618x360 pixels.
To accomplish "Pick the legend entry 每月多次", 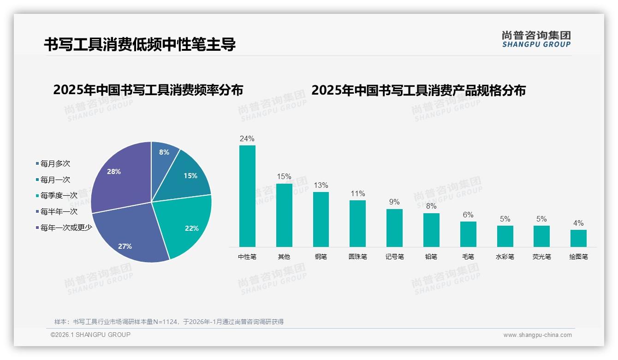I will point(55,164).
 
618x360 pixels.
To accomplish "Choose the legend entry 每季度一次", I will point(59,196).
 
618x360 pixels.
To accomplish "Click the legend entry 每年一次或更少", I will point(66,228).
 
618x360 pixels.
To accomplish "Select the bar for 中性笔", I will point(247,196).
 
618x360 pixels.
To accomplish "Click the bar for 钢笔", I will point(321,219).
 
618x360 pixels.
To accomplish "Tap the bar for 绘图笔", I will point(578,238).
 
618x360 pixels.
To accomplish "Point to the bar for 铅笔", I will point(431,230).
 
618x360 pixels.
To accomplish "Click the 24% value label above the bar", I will point(247,138).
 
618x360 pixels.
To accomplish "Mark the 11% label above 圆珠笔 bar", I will point(357,193).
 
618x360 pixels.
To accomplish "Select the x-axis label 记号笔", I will point(394,257).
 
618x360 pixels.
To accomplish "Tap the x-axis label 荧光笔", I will point(541,257).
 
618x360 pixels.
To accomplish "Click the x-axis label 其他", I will point(284,257).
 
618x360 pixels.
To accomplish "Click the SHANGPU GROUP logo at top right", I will point(536,39).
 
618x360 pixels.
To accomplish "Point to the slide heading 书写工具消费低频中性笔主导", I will point(140,44).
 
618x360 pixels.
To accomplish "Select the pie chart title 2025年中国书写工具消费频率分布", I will point(148,90).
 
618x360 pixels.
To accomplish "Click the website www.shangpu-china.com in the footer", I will point(537,335).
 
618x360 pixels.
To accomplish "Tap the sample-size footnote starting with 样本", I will point(169,322).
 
